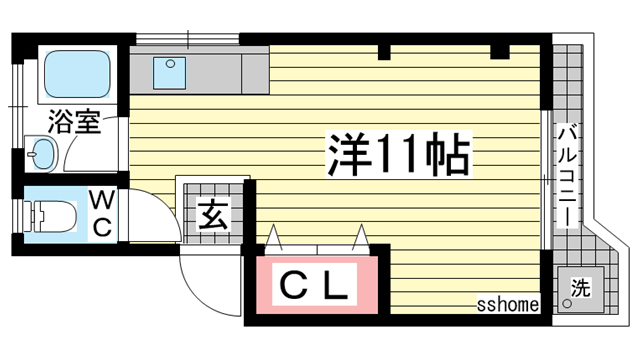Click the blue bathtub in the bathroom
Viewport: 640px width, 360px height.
tap(77, 74)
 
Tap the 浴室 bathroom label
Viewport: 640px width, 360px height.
tap(74, 122)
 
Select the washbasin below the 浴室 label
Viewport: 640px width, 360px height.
tap(42, 154)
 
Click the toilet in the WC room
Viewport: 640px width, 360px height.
tap(51, 216)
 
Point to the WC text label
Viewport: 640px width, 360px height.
tap(102, 214)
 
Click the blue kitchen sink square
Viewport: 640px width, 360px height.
tap(169, 73)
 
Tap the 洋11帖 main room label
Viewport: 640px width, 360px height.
tap(398, 154)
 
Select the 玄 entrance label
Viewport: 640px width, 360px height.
tap(213, 215)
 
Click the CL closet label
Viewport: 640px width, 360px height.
tap(314, 284)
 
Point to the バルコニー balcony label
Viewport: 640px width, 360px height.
tap(568, 176)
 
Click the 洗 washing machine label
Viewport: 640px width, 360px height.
tap(581, 287)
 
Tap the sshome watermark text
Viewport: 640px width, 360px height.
tap(508, 304)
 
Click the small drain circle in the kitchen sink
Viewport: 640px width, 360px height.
tap(171, 64)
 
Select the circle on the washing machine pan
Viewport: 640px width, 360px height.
tap(567, 303)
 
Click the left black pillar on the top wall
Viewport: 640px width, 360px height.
tap(384, 52)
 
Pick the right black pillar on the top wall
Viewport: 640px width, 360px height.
tap(500, 51)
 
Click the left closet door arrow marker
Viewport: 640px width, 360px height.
tap(274, 237)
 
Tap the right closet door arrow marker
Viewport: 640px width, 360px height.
tap(361, 237)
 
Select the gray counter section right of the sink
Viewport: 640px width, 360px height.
tap(255, 74)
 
